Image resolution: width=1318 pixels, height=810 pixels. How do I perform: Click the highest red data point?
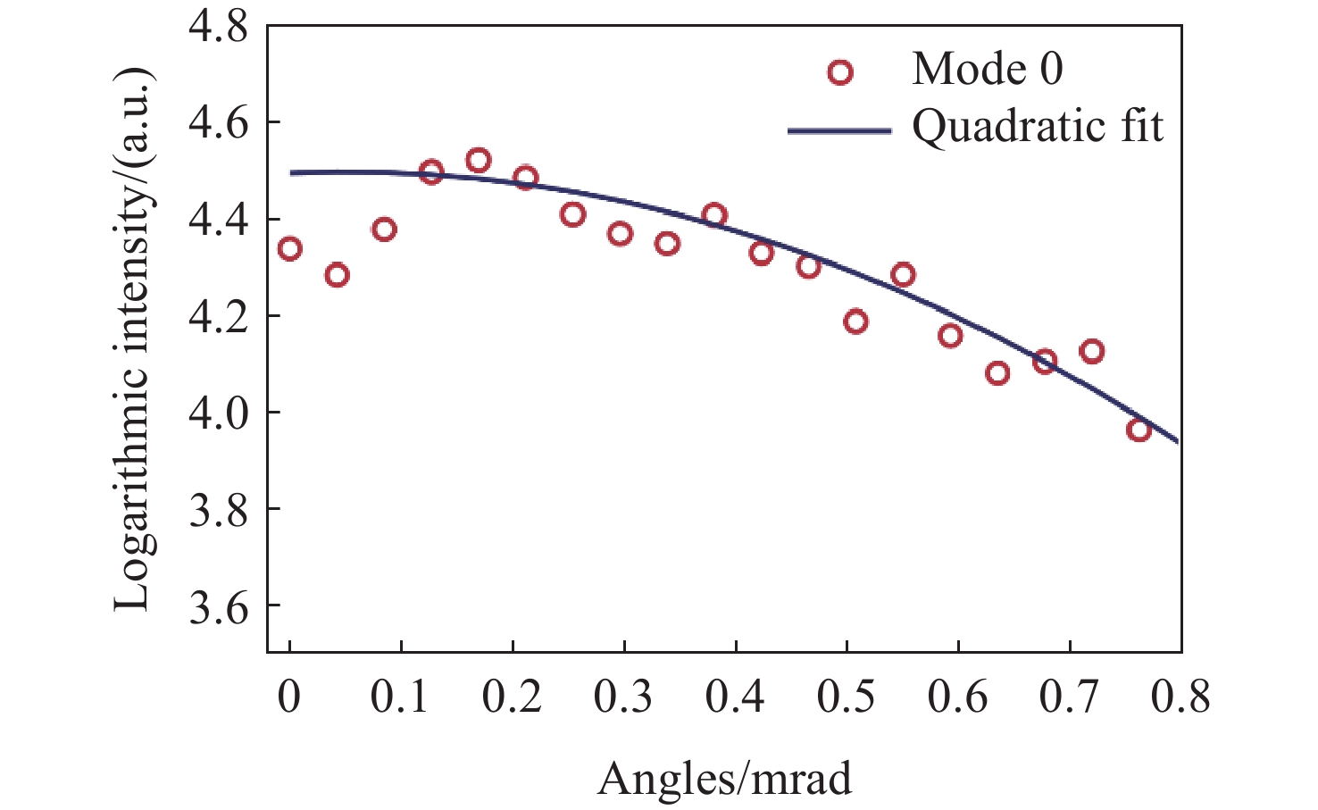coord(479,161)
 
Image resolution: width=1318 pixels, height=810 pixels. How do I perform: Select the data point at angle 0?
coord(289,248)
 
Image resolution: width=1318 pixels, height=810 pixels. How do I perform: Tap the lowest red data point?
coord(1139,430)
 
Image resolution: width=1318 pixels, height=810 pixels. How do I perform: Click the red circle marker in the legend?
coord(840,72)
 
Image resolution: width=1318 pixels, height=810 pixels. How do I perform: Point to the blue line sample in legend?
coord(839,130)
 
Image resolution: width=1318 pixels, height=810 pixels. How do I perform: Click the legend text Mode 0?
coord(987,69)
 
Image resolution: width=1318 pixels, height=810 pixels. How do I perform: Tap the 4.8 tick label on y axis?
coord(218,28)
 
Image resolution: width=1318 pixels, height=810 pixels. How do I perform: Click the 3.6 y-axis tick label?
coord(218,606)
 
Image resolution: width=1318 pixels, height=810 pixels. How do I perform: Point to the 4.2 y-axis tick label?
coord(218,317)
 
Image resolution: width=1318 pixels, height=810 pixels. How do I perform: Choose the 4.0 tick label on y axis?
coord(218,413)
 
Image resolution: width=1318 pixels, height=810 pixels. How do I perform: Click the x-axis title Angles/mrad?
coord(724,779)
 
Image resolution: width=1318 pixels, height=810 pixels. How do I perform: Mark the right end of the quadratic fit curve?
coord(1179,441)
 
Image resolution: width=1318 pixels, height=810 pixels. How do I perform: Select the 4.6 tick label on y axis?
coord(218,124)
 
